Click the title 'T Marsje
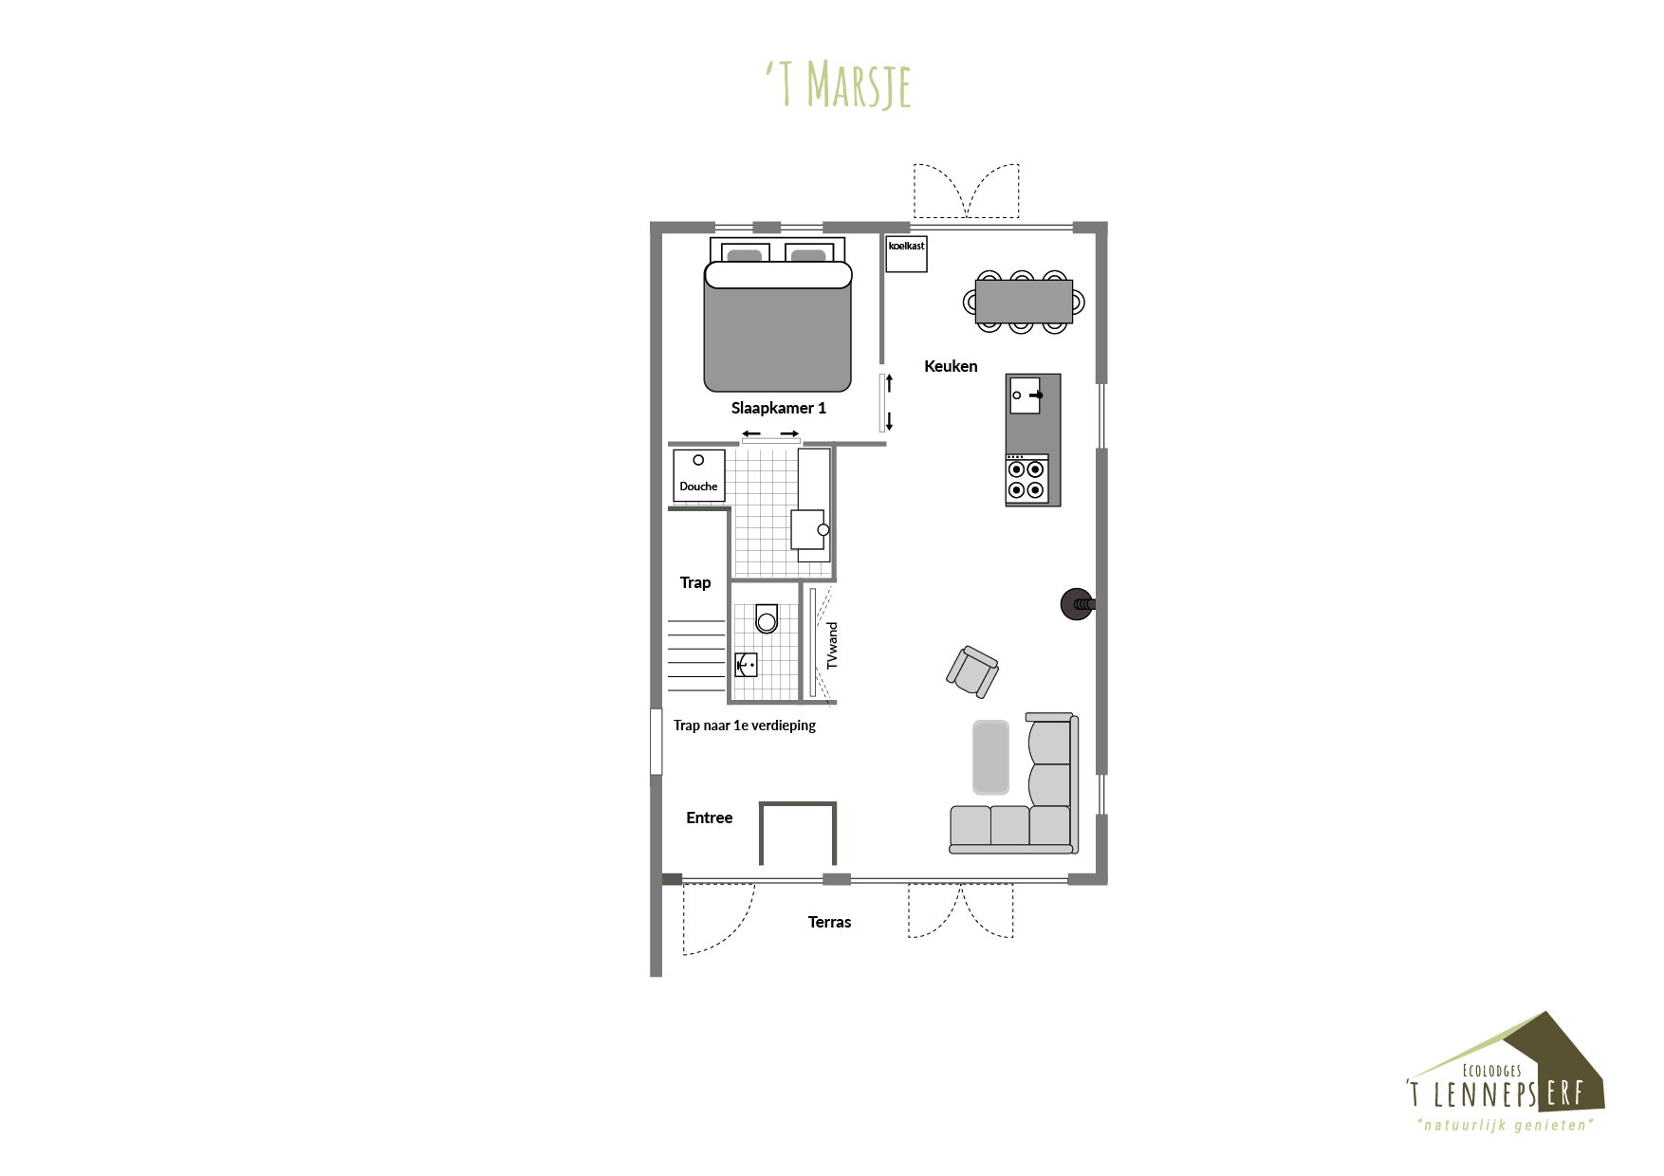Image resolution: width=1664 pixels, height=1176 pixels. click(x=839, y=85)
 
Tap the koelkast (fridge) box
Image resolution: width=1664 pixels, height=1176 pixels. click(x=906, y=254)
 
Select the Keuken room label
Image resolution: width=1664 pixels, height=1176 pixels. click(x=951, y=366)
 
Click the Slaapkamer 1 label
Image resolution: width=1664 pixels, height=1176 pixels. click(x=778, y=408)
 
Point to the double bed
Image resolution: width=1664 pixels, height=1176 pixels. click(x=777, y=316)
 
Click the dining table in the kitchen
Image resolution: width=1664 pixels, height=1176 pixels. click(x=1024, y=302)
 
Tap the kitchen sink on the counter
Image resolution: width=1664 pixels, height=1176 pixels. click(x=1025, y=395)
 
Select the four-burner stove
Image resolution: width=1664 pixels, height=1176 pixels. click(x=1026, y=479)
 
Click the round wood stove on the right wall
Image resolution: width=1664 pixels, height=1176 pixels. click(x=1078, y=603)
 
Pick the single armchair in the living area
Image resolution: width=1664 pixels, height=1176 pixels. click(x=972, y=671)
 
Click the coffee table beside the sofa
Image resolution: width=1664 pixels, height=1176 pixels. click(x=990, y=757)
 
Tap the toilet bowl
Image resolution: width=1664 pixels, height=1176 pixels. click(x=767, y=618)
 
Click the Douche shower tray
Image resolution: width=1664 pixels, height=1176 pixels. click(x=699, y=475)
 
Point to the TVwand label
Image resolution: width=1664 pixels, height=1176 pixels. click(x=832, y=646)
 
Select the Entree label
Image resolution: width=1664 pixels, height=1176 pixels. click(x=710, y=818)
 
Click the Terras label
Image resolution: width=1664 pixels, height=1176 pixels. click(x=829, y=922)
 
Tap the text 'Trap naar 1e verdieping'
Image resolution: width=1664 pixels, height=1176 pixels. click(x=745, y=726)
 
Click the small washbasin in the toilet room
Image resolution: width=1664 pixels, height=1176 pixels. click(x=747, y=665)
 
